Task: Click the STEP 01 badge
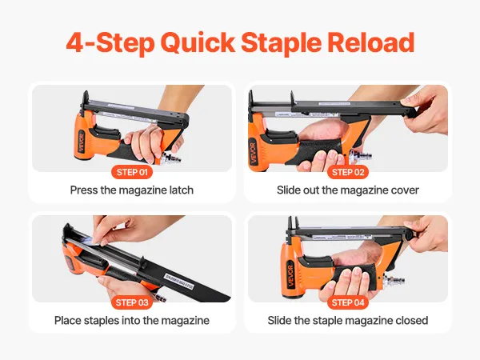[132, 172]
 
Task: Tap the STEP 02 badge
[348, 172]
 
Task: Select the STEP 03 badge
[132, 302]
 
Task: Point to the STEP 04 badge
[348, 302]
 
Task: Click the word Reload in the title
[370, 42]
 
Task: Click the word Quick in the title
[198, 43]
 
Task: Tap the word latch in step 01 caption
[182, 190]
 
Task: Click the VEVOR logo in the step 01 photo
[82, 142]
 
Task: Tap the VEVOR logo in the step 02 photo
[253, 151]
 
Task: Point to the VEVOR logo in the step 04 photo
[290, 276]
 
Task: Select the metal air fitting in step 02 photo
[361, 157]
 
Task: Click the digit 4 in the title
[74, 42]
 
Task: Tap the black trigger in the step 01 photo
[106, 133]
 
